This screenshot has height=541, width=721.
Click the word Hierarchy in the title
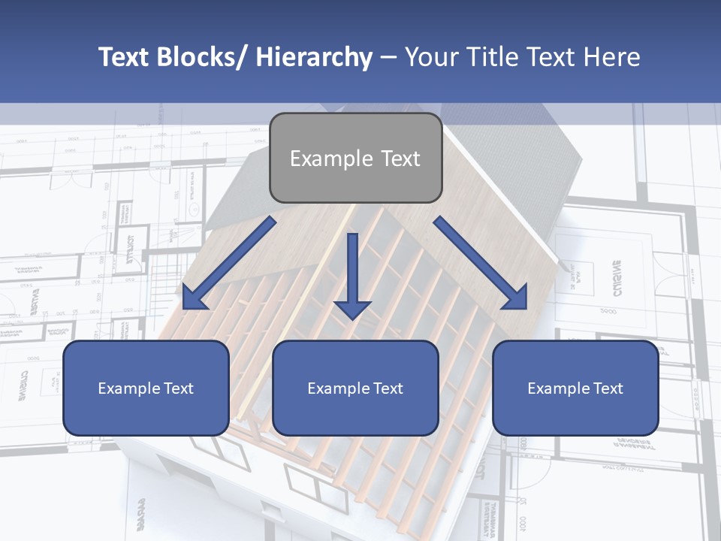(x=314, y=57)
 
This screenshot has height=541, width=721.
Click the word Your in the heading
(x=431, y=57)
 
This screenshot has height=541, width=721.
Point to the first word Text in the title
(x=124, y=57)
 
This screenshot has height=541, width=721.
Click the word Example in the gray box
(x=331, y=159)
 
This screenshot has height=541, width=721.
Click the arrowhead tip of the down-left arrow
(x=185, y=309)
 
